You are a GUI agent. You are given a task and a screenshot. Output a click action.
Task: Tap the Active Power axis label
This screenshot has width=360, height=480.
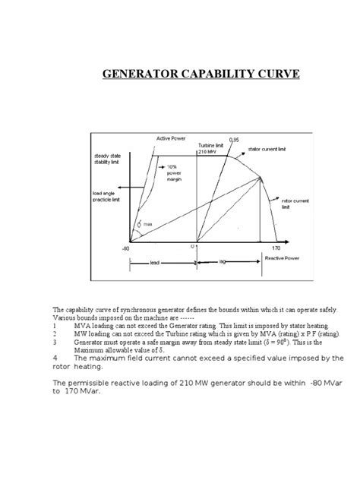pyautogui.click(x=171, y=138)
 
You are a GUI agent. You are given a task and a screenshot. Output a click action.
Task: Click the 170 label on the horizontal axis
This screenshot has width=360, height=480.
pyautogui.click(x=276, y=248)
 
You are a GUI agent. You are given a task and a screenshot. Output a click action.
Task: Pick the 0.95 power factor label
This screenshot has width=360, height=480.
pyautogui.click(x=235, y=140)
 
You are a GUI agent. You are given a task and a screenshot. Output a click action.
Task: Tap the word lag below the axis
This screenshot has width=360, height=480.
pyautogui.click(x=221, y=259)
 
